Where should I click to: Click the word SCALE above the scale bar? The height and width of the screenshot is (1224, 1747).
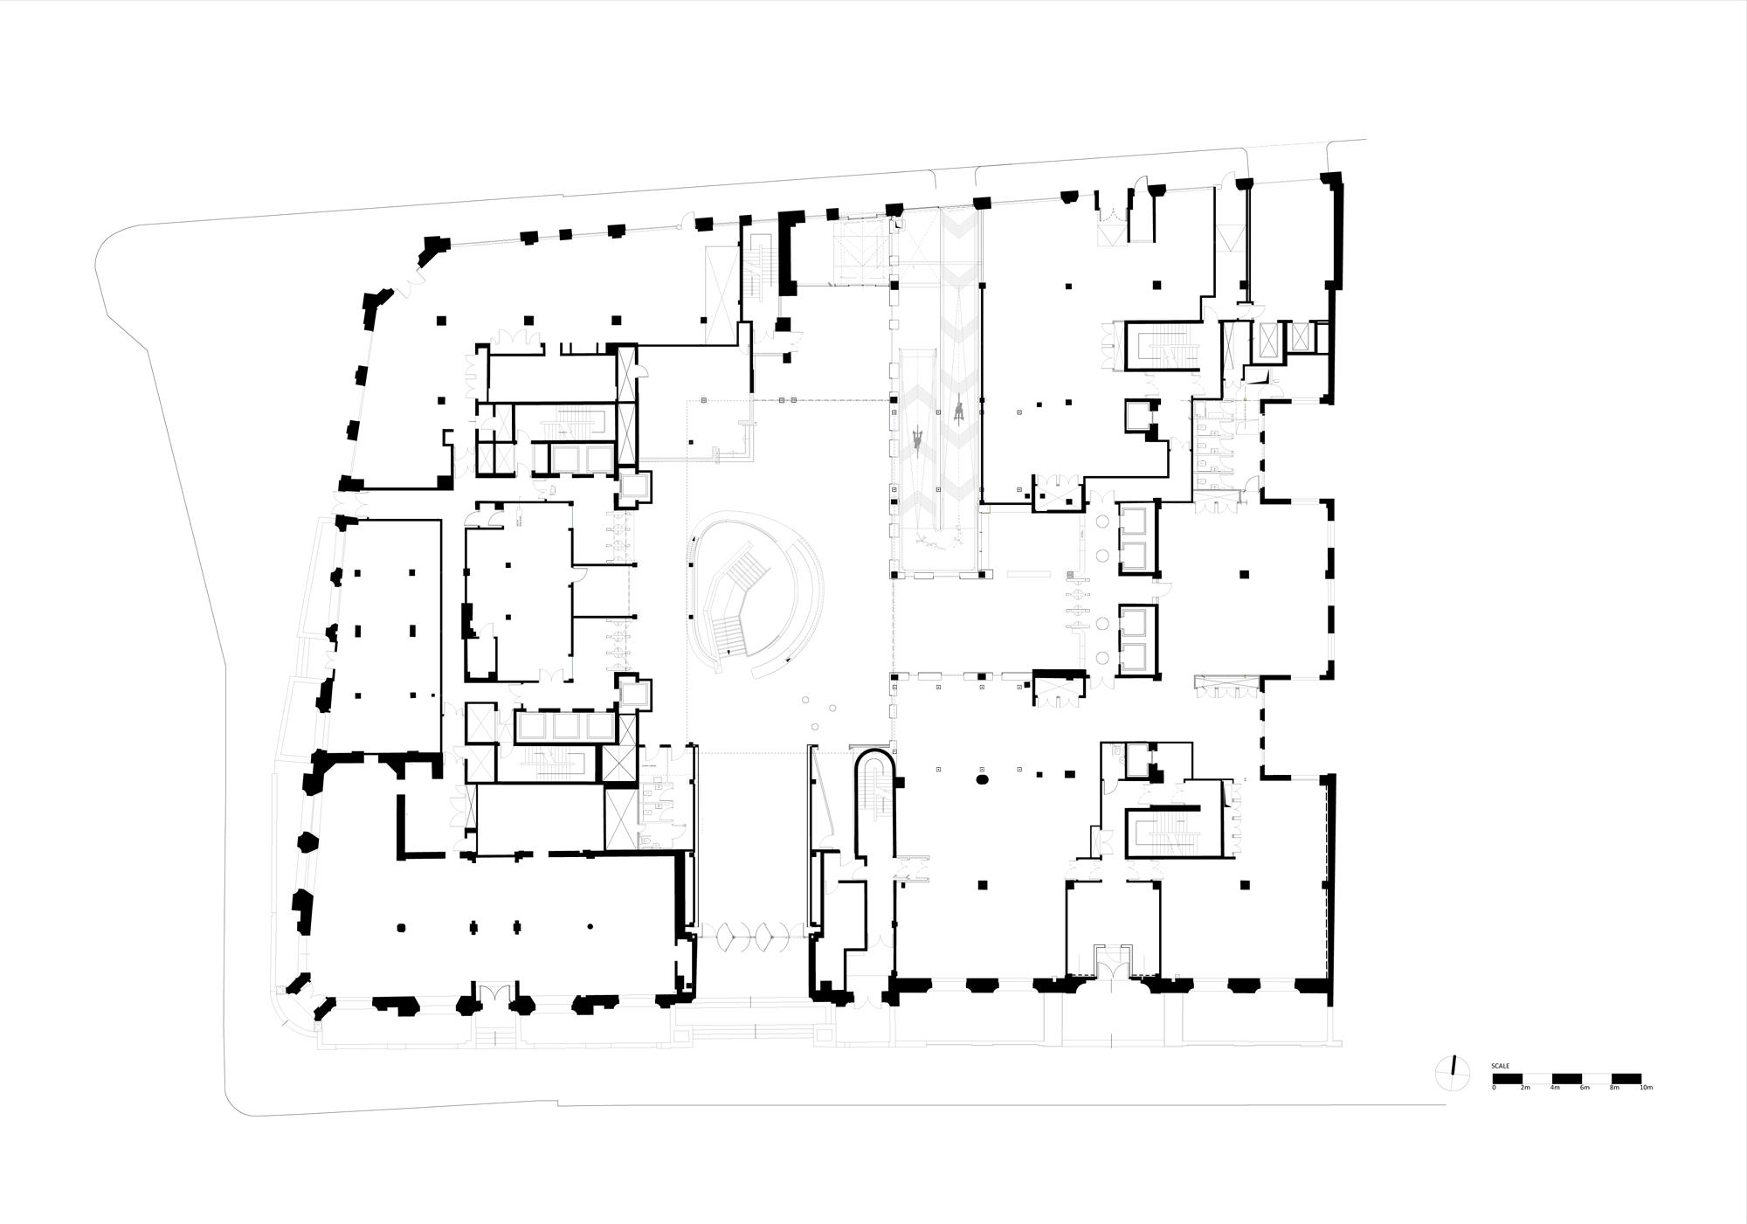[1500, 1066]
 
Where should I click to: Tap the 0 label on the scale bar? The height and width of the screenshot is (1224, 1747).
[1494, 1088]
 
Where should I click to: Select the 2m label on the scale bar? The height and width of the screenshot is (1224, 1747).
[1525, 1088]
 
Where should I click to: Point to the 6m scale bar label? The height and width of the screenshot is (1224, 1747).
[1585, 1088]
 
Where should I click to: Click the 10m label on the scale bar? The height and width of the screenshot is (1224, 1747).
[1646, 1088]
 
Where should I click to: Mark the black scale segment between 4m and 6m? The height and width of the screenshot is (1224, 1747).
[1569, 1078]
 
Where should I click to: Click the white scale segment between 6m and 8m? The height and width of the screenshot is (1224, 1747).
[1599, 1078]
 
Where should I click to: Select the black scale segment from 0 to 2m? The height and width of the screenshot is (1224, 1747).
[1509, 1078]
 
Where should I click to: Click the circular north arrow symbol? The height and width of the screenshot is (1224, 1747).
[1451, 1073]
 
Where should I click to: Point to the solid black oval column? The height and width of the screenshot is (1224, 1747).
[981, 778]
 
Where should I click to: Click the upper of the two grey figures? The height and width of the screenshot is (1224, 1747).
[958, 410]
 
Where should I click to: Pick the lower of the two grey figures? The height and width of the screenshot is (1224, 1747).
[919, 438]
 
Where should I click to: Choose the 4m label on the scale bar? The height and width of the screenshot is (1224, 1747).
[1555, 1088]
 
